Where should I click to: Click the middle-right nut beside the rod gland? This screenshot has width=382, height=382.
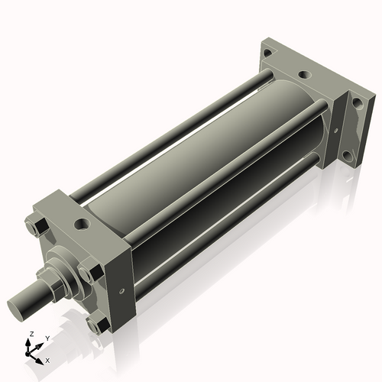[x=90, y=271]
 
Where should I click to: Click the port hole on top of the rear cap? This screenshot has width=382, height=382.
[x=304, y=76]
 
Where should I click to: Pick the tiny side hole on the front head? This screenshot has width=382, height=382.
[x=121, y=293]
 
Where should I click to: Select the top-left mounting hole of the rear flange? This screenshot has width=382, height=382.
[x=267, y=53]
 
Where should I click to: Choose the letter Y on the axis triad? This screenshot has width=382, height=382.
[x=47, y=337]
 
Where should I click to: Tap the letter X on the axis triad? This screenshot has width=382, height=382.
[x=47, y=359]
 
